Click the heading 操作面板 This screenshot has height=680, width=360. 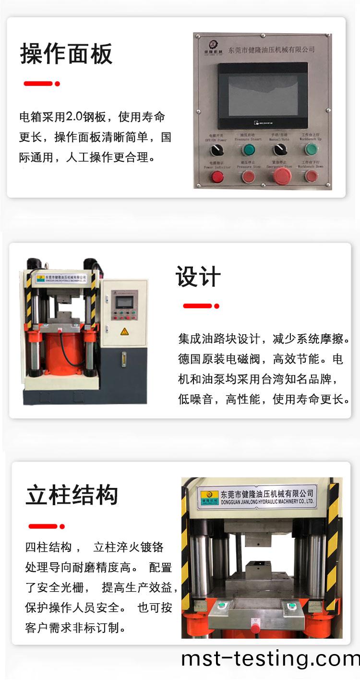pos(66,54)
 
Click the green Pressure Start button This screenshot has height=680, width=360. pos(248,150)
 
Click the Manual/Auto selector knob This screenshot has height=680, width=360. pos(279,150)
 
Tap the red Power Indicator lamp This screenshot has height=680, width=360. pos(216,177)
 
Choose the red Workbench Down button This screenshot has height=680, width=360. pos(312,176)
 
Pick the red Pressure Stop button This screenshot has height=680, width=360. pos(248,176)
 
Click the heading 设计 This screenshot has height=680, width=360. pos(198,277)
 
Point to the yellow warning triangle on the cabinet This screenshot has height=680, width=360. pos(124,331)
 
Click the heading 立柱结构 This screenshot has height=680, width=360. pos(72,496)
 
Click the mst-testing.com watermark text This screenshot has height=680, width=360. pos(270,659)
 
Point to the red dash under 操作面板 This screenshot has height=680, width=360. pos(38,84)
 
